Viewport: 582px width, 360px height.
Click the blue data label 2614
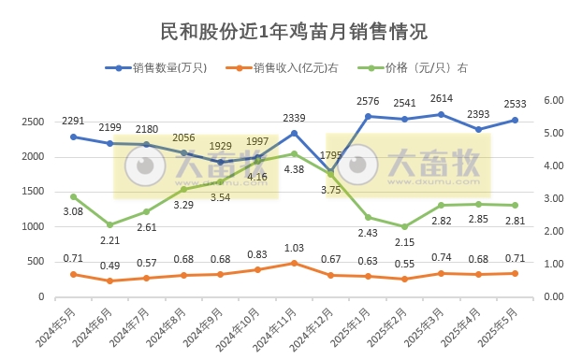(x=442, y=99)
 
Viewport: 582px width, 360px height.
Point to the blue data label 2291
(x=74, y=121)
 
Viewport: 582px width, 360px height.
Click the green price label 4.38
(x=295, y=169)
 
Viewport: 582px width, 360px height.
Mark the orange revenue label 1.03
(x=295, y=248)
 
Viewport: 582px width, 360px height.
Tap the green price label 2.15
(x=404, y=242)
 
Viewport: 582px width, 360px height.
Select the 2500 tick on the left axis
(x=36, y=122)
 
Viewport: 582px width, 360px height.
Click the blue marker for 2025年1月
(x=368, y=116)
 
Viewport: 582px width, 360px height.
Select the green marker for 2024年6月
(x=110, y=224)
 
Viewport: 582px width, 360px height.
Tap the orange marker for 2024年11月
(x=295, y=263)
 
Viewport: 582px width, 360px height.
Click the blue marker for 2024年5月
(x=74, y=137)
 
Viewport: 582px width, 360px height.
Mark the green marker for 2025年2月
(x=404, y=226)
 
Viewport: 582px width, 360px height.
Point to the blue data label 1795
(x=331, y=155)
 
